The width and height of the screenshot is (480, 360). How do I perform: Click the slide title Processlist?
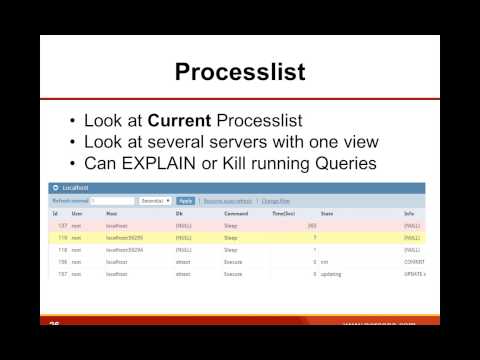coord(239,72)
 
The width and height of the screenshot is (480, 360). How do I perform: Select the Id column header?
coord(56,213)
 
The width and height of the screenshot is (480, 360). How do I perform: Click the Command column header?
coord(236,213)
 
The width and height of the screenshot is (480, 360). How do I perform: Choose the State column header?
coord(326,213)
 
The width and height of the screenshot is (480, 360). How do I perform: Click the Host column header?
coord(111,213)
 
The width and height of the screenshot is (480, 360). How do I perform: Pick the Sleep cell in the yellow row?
coord(231,238)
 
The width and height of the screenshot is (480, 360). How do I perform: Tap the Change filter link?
coord(276,200)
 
